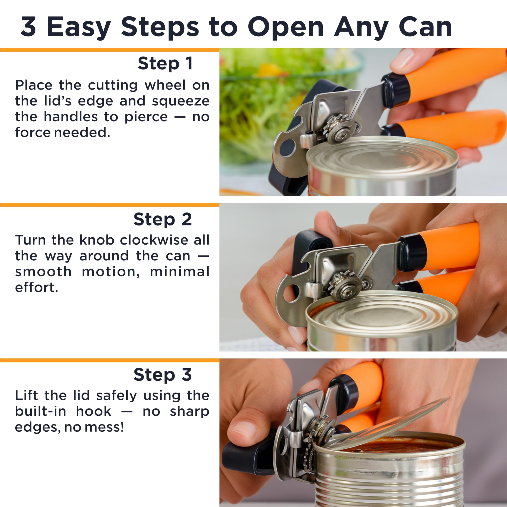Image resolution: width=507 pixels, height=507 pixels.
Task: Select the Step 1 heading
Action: coord(165,64)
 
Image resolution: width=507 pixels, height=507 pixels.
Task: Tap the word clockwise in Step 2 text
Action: coord(154,240)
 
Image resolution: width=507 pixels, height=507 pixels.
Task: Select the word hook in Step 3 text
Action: coord(93,411)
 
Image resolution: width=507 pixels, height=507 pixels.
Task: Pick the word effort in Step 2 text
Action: coord(36,287)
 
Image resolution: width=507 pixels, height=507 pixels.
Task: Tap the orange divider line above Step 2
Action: coord(110,205)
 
